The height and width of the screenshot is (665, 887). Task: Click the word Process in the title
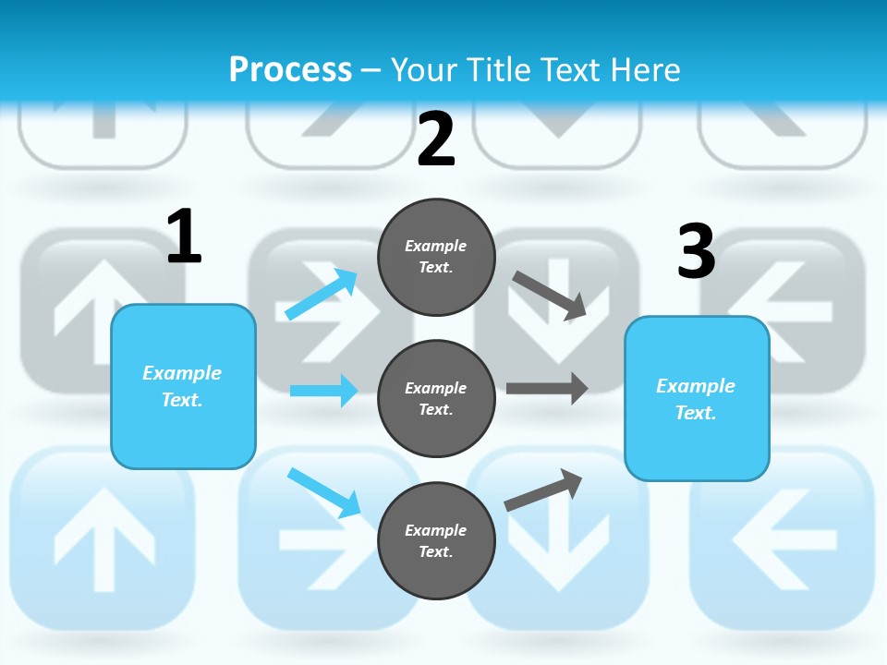coord(290,69)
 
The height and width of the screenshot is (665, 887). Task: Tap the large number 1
coord(184,237)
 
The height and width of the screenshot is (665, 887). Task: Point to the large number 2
coord(436,139)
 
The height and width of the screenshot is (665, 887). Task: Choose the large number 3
coord(696,251)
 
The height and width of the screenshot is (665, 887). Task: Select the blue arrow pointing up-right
coord(322,294)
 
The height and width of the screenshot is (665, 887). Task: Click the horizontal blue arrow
coord(323,391)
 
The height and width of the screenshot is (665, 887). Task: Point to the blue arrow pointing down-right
coord(323,492)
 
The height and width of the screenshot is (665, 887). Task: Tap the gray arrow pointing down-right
coord(550,295)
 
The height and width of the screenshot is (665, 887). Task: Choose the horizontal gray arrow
coord(547,388)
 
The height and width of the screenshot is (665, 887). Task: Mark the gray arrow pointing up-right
coord(543,490)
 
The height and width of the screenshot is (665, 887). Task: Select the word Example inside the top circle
coord(435,246)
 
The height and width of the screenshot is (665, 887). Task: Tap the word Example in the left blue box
coord(182,373)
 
